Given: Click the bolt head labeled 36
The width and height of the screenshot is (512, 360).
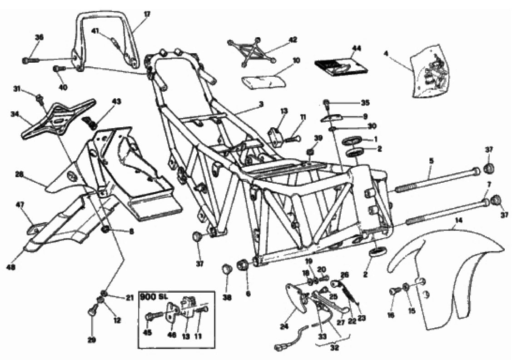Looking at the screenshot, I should [x=25, y=60].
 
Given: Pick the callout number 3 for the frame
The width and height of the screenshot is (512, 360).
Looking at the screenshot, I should [x=261, y=105].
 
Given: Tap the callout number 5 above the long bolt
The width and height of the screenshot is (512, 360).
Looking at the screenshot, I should [x=431, y=160].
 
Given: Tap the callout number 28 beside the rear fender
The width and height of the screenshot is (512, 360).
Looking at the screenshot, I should [x=19, y=174].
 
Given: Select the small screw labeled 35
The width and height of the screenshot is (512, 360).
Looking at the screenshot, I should [x=326, y=102].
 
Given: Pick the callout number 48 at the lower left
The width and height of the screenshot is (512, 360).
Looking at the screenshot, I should [x=22, y=267].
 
